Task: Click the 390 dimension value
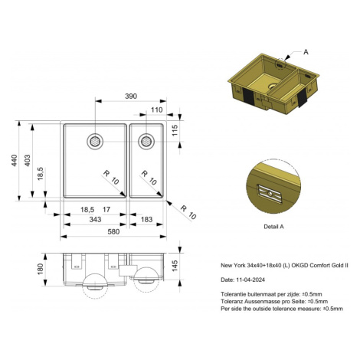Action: [131, 97]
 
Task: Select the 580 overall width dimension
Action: [113, 231]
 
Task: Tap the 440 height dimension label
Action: [15, 160]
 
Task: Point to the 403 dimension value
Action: [28, 160]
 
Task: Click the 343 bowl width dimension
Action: [95, 219]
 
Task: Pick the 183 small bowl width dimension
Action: [146, 219]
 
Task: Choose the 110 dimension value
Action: [156, 110]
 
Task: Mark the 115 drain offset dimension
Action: [175, 130]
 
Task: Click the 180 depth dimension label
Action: [41, 269]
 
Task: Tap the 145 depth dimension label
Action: [175, 266]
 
